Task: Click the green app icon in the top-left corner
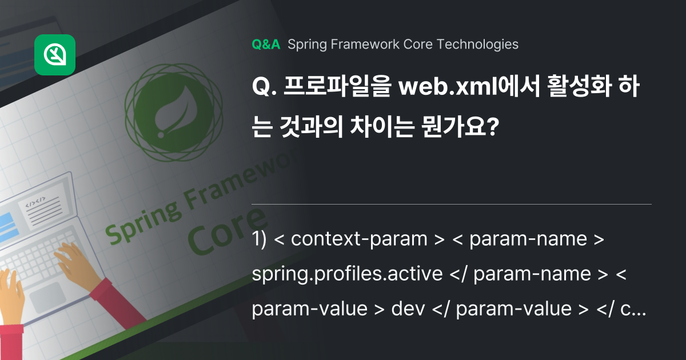(x=55, y=55)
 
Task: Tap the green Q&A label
(x=266, y=45)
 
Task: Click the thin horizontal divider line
(x=451, y=204)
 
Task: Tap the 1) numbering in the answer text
(x=260, y=239)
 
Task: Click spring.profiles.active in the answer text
(x=347, y=274)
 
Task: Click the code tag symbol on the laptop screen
(x=34, y=202)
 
